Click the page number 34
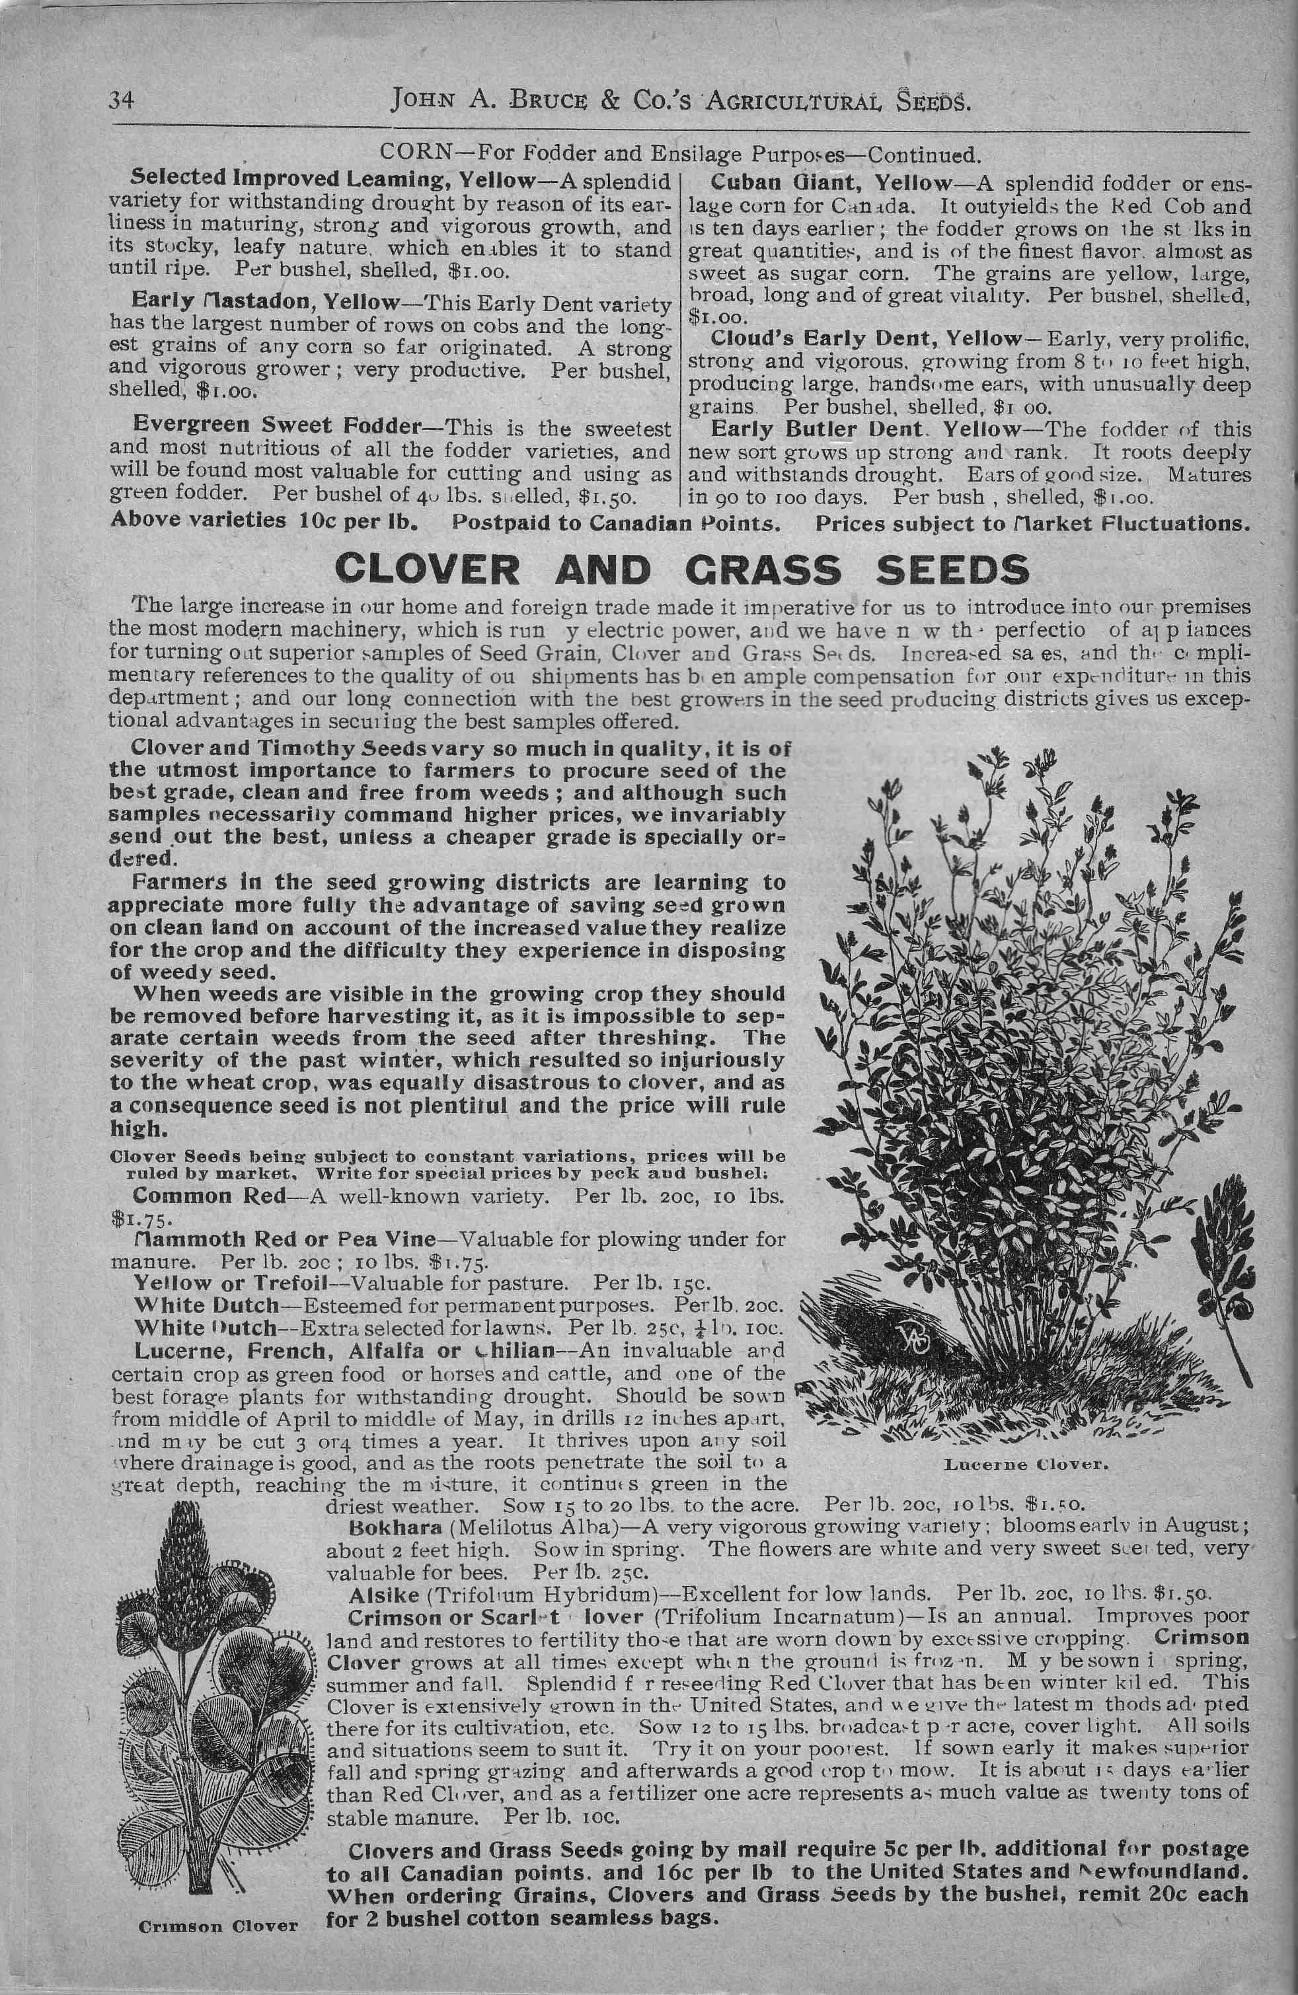122,100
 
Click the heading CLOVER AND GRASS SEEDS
681,571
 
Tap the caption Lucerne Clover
1026,1465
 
